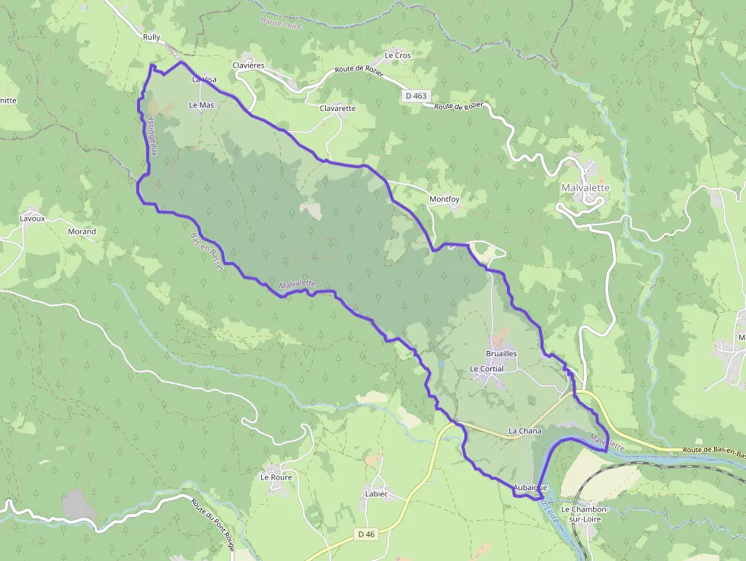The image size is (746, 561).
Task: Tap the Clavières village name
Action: [x=247, y=65]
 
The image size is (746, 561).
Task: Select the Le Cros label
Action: [x=397, y=55]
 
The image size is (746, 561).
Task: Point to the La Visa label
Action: [x=204, y=78]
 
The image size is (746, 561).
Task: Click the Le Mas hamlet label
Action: [x=202, y=105]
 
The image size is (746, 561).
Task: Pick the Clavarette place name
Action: [x=337, y=108]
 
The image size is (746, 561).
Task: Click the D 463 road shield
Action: [x=416, y=96]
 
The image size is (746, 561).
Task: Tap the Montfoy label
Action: [x=445, y=199]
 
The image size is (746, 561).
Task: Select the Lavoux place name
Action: [x=33, y=218]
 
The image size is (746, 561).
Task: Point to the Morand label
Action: [x=82, y=231]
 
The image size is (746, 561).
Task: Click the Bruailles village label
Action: [x=502, y=354]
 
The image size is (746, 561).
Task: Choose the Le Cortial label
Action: [x=486, y=369]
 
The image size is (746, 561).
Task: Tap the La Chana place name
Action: [x=524, y=432]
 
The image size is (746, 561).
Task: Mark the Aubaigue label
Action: [x=530, y=487]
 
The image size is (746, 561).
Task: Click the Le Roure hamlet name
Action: [x=276, y=478]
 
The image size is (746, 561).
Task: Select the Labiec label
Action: [x=376, y=494]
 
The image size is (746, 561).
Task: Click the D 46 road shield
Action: [x=366, y=535]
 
